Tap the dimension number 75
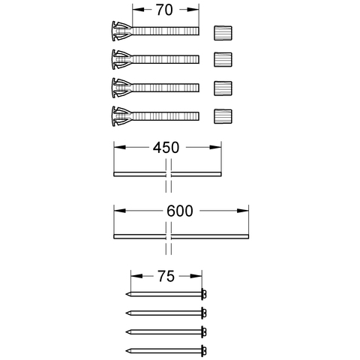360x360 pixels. click(166, 275)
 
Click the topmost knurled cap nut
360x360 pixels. click(221, 32)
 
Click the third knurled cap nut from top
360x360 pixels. click(221, 88)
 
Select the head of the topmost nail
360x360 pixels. click(203, 294)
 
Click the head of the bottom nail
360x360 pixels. click(203, 350)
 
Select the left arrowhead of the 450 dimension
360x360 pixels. click(117, 148)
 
